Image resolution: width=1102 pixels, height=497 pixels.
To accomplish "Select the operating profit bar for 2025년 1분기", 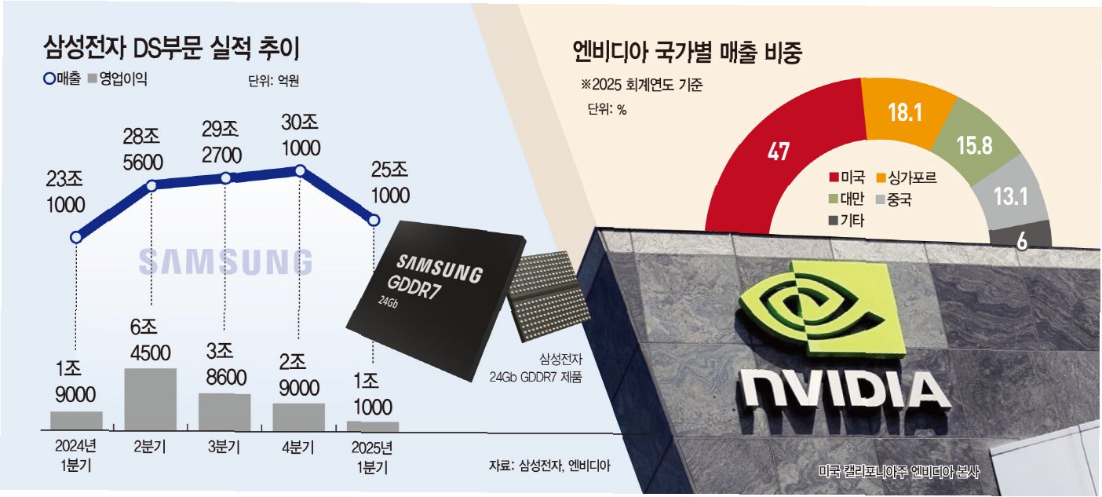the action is (x=373, y=426).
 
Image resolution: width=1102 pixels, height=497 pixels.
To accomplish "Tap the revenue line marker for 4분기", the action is (x=299, y=170).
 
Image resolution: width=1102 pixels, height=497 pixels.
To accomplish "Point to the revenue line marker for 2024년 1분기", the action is (x=76, y=237).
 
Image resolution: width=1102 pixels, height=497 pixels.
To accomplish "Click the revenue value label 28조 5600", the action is (x=143, y=151).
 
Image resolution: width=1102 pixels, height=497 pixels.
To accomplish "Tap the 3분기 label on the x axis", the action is (x=224, y=448).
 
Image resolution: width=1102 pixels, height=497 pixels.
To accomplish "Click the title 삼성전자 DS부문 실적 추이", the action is (x=172, y=49).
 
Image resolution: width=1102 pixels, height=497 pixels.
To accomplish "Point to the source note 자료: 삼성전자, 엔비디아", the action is (x=549, y=465).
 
